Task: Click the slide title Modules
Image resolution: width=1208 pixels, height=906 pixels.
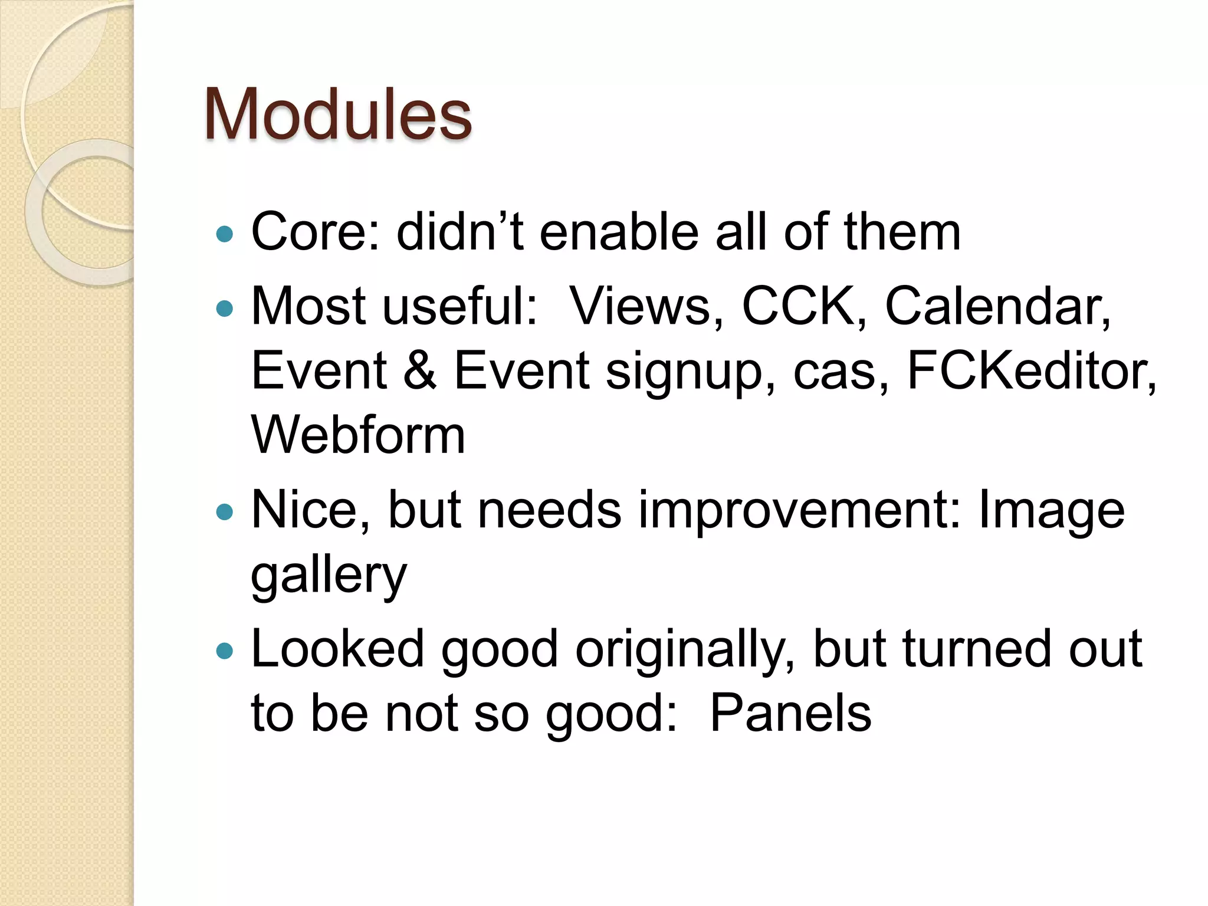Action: (337, 114)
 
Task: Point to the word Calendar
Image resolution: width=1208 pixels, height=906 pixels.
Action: (997, 307)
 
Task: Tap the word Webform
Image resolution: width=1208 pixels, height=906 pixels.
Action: (358, 435)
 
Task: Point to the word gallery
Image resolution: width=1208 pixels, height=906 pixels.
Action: (329, 577)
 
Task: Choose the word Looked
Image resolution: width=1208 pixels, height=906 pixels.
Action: (337, 649)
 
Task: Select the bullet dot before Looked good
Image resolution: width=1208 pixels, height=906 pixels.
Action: (225, 651)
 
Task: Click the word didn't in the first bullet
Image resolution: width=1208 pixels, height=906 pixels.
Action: (459, 232)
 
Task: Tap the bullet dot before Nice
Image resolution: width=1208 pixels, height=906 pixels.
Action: (225, 511)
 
